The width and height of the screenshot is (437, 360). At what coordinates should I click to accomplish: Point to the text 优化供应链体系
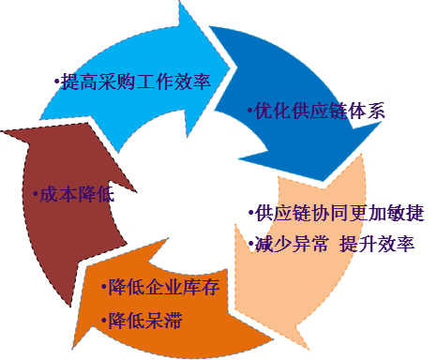(x=320, y=111)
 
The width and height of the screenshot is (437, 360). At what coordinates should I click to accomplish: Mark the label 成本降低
(x=75, y=195)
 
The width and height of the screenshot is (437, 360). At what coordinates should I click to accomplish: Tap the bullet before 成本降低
(x=35, y=196)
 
